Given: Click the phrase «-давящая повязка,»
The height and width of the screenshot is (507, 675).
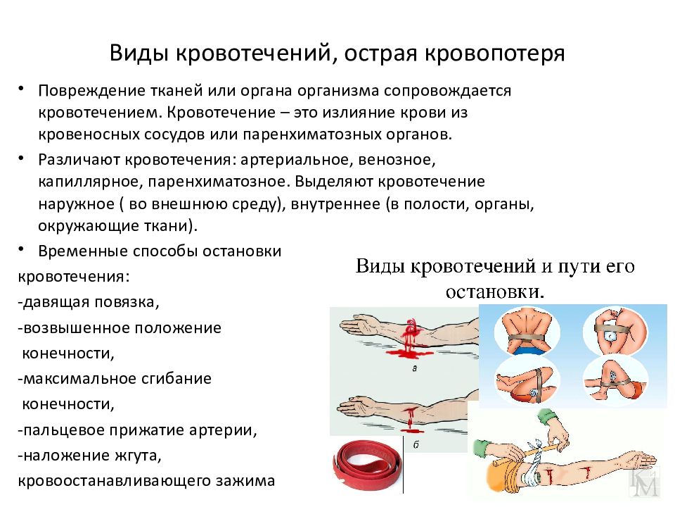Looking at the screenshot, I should click(x=89, y=303).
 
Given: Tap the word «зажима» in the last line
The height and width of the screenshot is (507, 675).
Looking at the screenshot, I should click(x=246, y=482).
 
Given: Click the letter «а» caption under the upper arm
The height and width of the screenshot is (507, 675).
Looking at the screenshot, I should click(x=416, y=368).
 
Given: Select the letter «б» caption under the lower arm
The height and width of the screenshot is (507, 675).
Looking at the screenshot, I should click(x=416, y=444).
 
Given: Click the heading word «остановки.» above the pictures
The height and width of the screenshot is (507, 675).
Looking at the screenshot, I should click(x=496, y=291).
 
